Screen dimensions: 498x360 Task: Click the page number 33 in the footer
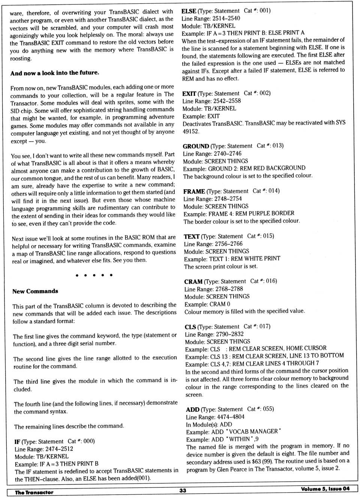click(183, 490)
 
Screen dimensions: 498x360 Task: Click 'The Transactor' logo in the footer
click(34, 492)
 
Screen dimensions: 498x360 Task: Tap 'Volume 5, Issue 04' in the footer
click(325, 489)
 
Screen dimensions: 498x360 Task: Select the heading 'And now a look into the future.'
click(55, 73)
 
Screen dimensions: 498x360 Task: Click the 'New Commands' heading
click(35, 291)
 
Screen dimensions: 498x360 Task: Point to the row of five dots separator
click(94, 275)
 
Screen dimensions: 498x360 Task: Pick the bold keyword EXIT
click(189, 94)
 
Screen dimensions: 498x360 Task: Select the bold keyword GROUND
click(196, 146)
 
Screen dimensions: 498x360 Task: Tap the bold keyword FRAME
click(194, 191)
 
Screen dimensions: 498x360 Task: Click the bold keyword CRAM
click(193, 282)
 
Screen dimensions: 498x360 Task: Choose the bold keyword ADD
click(192, 410)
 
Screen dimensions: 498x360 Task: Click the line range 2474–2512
click(59, 449)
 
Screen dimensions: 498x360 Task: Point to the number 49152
click(191, 131)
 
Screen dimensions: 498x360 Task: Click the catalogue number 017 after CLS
click(264, 326)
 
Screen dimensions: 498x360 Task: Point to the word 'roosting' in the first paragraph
click(21, 58)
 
